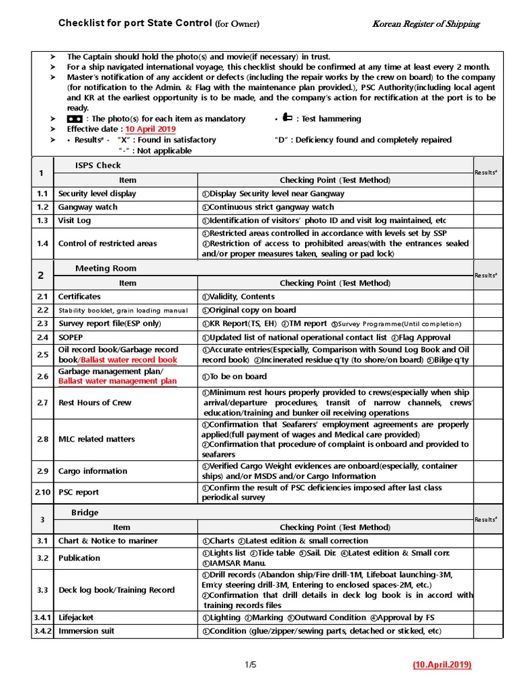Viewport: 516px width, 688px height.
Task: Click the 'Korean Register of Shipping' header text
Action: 426,24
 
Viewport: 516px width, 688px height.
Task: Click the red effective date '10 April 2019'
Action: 149,129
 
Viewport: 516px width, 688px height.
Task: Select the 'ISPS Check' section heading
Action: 97,165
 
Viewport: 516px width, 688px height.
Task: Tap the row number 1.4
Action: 43,243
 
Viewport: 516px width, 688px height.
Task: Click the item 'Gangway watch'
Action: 87,207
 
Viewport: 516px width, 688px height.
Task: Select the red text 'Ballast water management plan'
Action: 118,382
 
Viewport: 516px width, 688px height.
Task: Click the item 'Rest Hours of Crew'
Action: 95,402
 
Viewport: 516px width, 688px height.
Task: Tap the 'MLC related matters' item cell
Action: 96,439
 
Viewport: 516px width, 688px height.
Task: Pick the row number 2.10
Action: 42,492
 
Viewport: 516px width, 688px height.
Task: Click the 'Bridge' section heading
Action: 85,513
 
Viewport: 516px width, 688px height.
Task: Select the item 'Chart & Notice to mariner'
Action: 108,540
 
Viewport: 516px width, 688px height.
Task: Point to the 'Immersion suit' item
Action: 86,631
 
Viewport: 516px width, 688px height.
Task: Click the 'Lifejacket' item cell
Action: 76,617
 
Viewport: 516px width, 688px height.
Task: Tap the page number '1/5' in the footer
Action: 251,665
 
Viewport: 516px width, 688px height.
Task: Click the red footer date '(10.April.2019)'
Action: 441,665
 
